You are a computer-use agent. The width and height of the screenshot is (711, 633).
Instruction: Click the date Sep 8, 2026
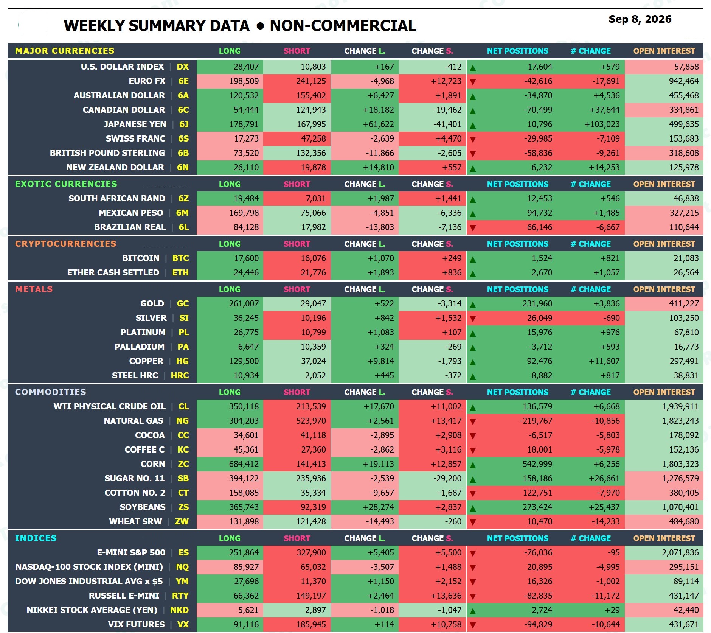click(x=640, y=19)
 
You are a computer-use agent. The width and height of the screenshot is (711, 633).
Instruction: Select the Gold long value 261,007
click(x=244, y=303)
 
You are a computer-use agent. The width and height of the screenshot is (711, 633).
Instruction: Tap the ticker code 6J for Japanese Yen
click(x=184, y=124)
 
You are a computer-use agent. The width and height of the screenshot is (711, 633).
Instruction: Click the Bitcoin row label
click(x=141, y=258)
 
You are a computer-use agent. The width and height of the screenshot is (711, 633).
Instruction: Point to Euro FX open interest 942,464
click(x=684, y=81)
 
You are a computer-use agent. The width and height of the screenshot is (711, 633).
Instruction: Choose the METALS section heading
click(x=34, y=289)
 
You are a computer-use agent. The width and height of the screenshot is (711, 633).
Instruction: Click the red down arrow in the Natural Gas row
click(x=473, y=421)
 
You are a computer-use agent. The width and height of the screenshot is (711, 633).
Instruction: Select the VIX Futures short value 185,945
click(x=311, y=624)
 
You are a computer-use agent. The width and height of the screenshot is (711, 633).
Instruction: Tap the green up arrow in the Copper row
click(x=473, y=362)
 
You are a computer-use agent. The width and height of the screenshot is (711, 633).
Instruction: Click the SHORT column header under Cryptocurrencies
click(x=297, y=244)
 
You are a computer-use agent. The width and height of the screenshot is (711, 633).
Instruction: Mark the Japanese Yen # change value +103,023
click(x=602, y=124)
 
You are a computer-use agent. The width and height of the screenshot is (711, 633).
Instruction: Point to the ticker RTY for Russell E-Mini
click(x=180, y=596)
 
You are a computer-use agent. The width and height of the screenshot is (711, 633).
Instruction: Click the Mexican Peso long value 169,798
click(x=244, y=213)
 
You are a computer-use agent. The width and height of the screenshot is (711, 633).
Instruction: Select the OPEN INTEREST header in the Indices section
click(x=664, y=538)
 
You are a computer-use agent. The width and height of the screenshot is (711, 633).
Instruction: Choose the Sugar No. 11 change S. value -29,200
click(x=447, y=478)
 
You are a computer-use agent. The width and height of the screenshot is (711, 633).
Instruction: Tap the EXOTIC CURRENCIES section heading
click(x=66, y=184)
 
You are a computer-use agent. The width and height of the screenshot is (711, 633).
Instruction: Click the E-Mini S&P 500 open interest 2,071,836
click(x=680, y=552)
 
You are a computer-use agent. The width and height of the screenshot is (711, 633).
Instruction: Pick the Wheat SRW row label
click(x=135, y=521)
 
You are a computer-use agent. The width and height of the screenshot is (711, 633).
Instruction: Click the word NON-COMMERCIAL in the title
click(x=343, y=26)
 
